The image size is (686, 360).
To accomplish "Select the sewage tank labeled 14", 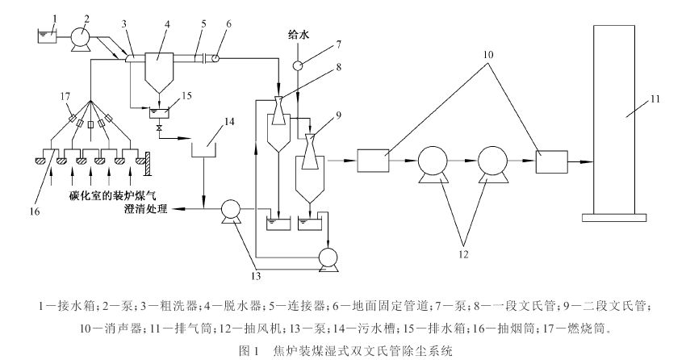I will (x=203, y=150).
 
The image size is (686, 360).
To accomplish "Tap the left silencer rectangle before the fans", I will (x=374, y=161).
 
